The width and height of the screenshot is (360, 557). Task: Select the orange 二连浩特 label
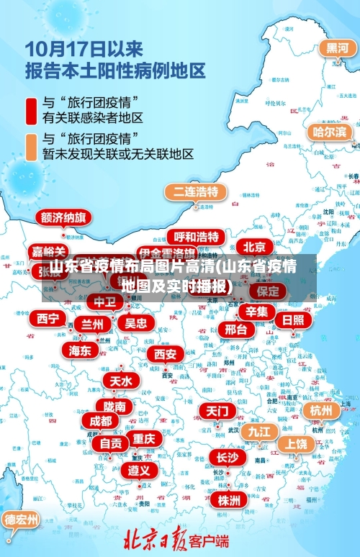click(x=196, y=191)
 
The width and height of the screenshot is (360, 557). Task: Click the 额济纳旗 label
click(x=63, y=217)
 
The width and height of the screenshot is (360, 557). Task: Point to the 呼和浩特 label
click(x=196, y=236)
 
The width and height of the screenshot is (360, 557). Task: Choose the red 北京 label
click(x=253, y=245)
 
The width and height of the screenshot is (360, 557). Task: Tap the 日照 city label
click(x=292, y=320)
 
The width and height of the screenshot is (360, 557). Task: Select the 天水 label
click(x=120, y=380)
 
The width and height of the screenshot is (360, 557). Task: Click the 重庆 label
click(x=143, y=438)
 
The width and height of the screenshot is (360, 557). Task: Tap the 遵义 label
click(x=139, y=470)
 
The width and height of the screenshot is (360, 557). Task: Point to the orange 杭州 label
click(x=320, y=410)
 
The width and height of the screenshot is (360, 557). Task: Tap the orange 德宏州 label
click(x=22, y=518)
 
